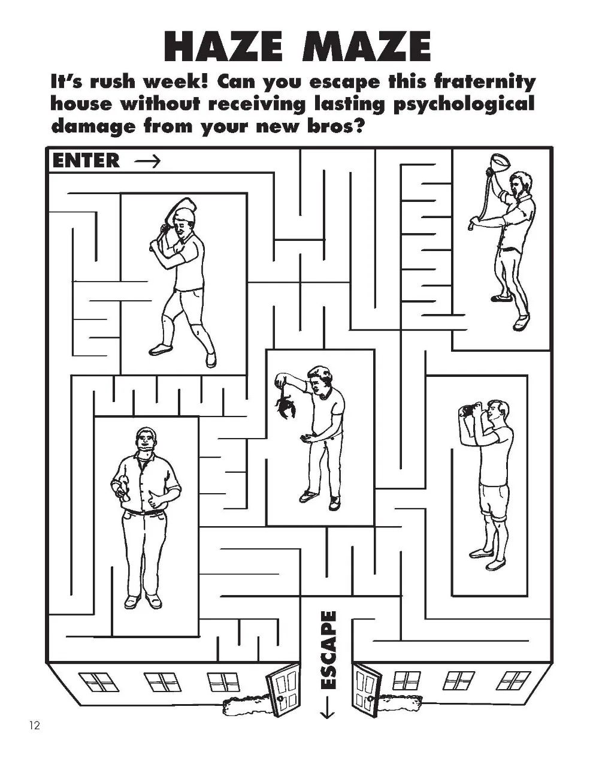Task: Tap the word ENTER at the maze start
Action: [x=86, y=161]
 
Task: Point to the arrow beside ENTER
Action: [x=147, y=161]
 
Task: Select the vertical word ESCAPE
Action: [x=328, y=650]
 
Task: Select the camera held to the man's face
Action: [x=467, y=411]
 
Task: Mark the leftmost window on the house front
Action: [x=96, y=681]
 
